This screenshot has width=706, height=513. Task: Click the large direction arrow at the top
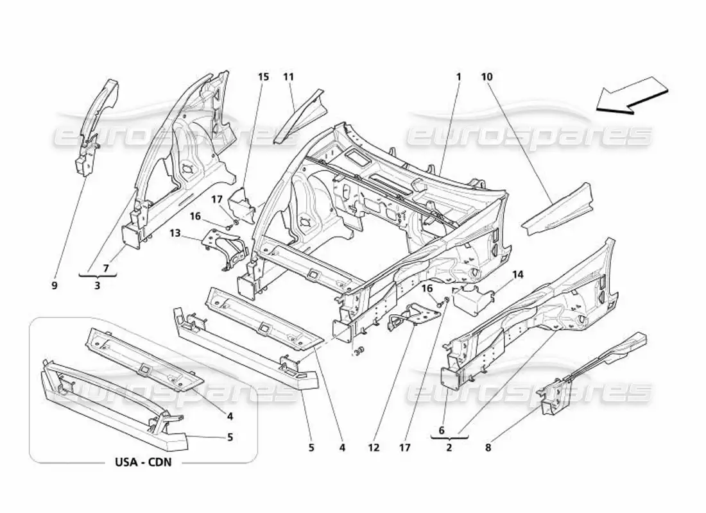[632, 96]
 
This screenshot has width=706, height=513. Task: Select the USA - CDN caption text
[143, 462]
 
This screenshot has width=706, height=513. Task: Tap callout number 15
[263, 77]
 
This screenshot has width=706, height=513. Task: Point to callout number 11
[288, 77]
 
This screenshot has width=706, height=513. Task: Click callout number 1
[459, 77]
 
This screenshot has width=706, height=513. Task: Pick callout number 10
[486, 77]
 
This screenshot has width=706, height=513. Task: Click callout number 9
[55, 285]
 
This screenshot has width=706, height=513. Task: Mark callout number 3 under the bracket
[98, 285]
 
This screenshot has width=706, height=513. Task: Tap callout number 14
[518, 274]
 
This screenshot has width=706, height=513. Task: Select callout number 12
[374, 448]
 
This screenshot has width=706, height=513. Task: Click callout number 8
[488, 448]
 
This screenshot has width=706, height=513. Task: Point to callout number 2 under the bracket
[449, 448]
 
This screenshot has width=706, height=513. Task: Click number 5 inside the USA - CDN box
[230, 437]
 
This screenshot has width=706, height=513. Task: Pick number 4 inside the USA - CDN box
[230, 416]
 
